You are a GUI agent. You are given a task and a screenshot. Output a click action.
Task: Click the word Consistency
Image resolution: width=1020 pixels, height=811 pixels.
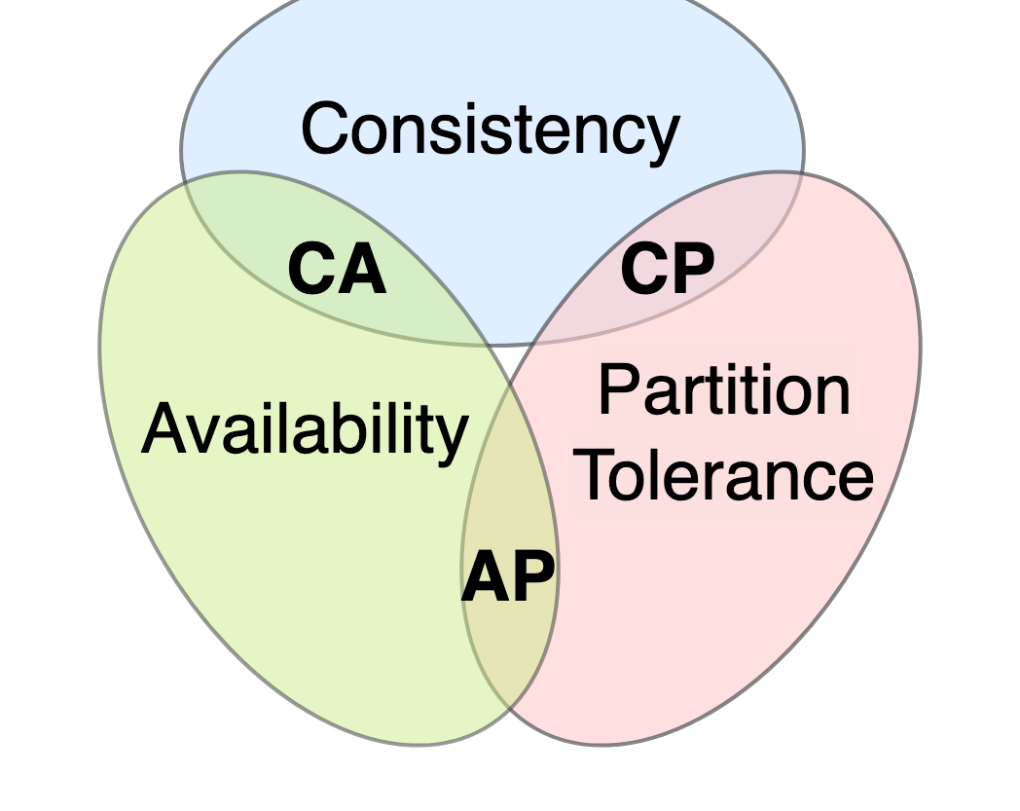(x=491, y=130)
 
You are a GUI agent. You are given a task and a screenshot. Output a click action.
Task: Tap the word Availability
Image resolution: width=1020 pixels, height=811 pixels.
(x=305, y=429)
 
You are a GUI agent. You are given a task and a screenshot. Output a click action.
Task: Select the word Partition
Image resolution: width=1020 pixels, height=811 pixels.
(x=724, y=389)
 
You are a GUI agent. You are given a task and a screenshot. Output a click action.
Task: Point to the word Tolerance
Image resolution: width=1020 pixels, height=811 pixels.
(x=727, y=475)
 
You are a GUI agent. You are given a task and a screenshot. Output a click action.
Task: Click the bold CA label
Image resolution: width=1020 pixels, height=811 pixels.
(x=337, y=268)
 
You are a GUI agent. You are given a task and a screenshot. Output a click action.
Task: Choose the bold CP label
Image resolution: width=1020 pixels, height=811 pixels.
(x=668, y=268)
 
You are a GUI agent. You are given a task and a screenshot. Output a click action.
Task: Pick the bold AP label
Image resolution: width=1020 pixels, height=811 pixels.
(x=508, y=576)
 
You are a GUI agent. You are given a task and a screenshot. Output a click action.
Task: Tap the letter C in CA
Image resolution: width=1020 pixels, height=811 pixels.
(x=311, y=268)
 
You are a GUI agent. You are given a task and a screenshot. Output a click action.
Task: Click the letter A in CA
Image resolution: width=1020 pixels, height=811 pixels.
(x=363, y=268)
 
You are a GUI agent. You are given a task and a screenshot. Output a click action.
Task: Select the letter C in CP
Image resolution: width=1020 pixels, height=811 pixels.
(x=644, y=268)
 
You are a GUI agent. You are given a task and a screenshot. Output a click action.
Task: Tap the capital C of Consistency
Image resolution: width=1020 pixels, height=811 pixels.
(x=326, y=128)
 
